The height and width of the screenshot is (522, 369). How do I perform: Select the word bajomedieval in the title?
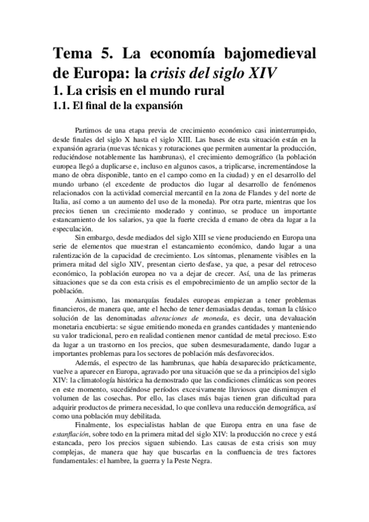coord(272,54)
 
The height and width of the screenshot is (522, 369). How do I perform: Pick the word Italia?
coord(62,201)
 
